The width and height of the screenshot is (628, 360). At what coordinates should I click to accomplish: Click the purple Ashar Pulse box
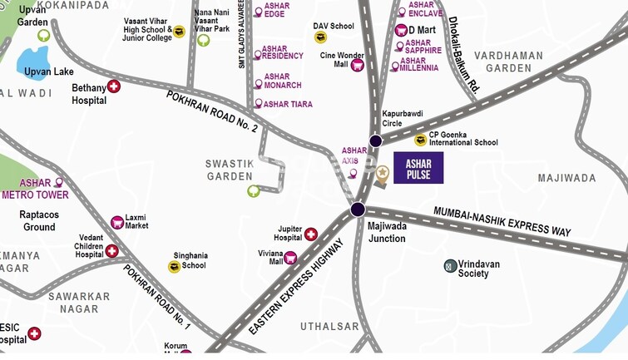click(x=418, y=168)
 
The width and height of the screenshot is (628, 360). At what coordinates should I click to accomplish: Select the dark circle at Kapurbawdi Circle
click(x=376, y=141)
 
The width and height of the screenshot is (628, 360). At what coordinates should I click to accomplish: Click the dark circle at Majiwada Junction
click(x=359, y=209)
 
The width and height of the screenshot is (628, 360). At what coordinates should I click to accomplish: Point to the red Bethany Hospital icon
click(x=114, y=86)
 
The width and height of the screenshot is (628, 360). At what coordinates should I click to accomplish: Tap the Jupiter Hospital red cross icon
click(x=311, y=235)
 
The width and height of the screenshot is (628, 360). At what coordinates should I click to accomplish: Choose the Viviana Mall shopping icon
click(x=290, y=258)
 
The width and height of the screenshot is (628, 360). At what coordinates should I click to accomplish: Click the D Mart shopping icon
click(x=401, y=31)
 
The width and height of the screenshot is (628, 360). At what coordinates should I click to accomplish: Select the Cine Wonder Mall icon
click(x=358, y=65)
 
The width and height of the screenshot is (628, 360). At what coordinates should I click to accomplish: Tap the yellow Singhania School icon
click(x=174, y=267)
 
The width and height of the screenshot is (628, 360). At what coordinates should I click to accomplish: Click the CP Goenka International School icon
click(x=421, y=140)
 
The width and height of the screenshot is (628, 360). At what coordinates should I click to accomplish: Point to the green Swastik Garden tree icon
click(x=254, y=191)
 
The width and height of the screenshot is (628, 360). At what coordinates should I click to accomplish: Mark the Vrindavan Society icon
click(x=450, y=266)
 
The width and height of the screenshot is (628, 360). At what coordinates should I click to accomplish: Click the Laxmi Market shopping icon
click(x=117, y=222)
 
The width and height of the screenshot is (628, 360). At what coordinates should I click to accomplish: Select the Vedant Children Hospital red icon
click(x=111, y=251)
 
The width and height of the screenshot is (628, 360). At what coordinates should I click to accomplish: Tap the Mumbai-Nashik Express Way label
click(x=502, y=221)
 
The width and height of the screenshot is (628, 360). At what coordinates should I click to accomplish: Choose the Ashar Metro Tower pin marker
click(x=59, y=183)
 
